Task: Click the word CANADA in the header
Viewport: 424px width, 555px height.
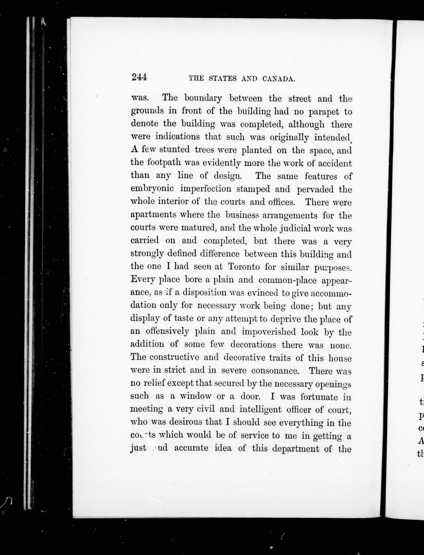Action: [x=279, y=79]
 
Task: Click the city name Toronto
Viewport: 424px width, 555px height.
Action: [x=244, y=267]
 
